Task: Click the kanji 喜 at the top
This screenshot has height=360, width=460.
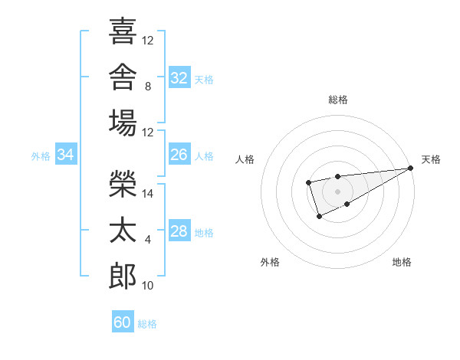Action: tap(123, 31)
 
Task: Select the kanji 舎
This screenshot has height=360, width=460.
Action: tap(123, 77)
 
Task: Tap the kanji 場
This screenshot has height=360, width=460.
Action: tap(123, 123)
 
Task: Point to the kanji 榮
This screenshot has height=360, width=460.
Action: tap(123, 184)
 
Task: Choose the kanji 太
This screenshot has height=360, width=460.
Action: tap(123, 230)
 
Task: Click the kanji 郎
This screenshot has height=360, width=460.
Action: tap(123, 276)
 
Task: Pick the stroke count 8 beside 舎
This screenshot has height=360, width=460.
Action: tap(148, 87)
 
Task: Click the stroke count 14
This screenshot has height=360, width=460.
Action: tap(147, 194)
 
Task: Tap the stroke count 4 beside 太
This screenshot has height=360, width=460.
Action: tap(148, 240)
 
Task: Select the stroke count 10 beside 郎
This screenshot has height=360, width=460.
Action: tap(147, 286)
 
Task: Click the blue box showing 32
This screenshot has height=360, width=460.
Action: tap(179, 77)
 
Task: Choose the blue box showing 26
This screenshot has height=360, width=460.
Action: tap(179, 154)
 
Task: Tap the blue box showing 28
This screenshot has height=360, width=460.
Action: tap(179, 230)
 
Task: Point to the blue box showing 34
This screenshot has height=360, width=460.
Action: tap(66, 154)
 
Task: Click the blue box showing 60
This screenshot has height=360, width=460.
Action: tap(123, 321)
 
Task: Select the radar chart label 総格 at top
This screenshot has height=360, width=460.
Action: tap(338, 100)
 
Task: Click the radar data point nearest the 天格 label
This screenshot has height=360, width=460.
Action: tap(411, 168)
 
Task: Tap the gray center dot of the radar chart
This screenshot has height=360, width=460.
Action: tap(337, 191)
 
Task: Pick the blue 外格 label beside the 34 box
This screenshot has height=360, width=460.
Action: tap(41, 156)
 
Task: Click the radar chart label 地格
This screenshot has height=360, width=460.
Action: tap(402, 262)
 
